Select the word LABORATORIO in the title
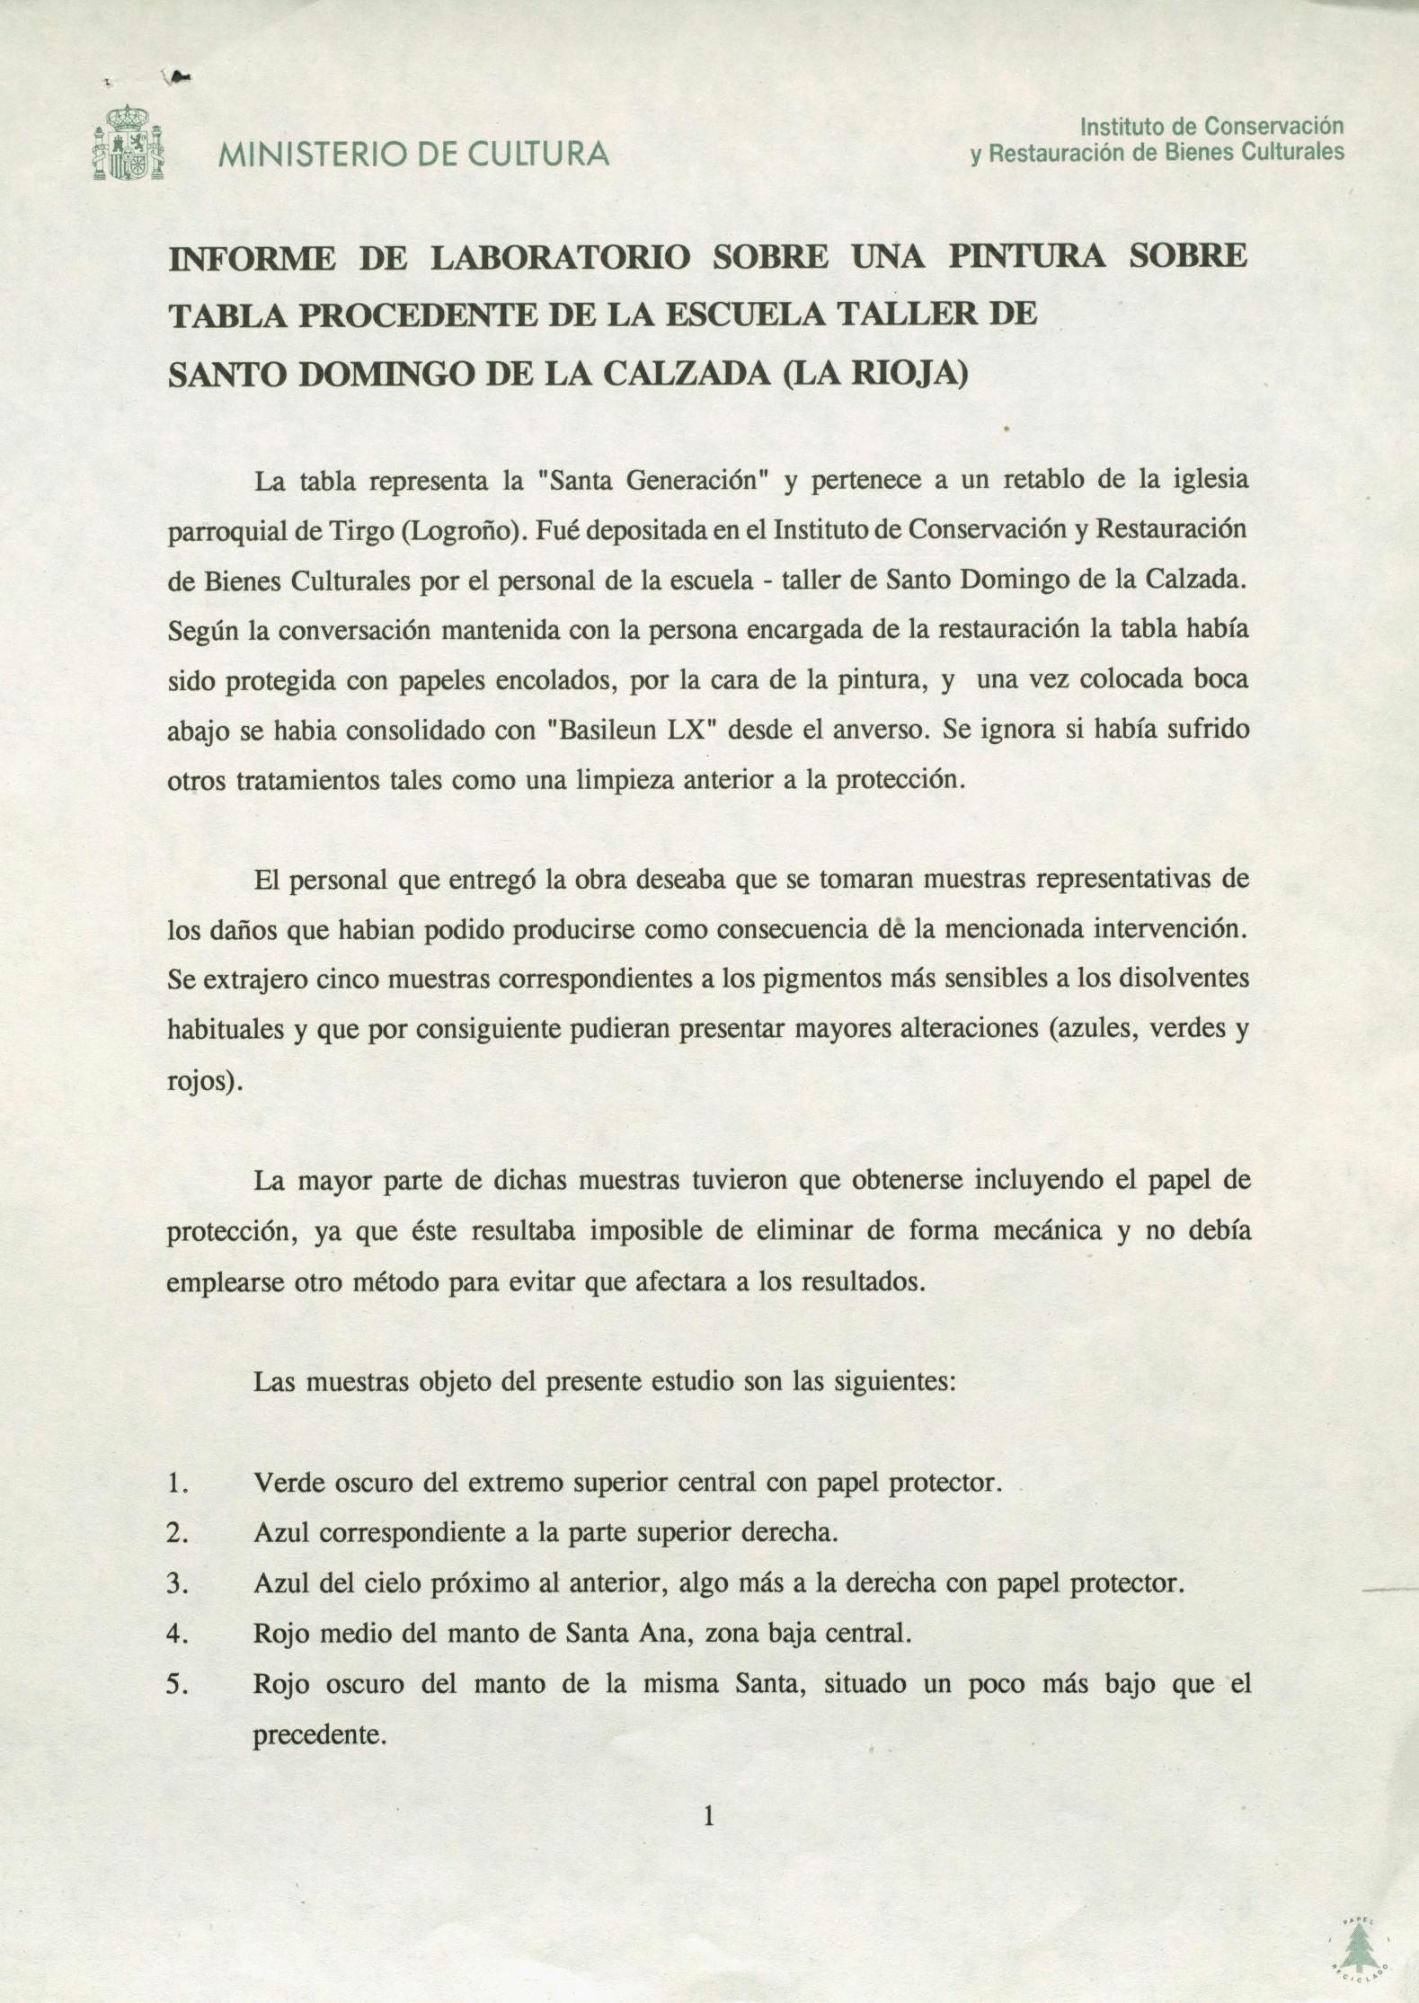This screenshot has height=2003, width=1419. pos(561,258)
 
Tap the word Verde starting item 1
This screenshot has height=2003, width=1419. pos(287,1482)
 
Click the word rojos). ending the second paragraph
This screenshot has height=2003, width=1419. pos(205,1081)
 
